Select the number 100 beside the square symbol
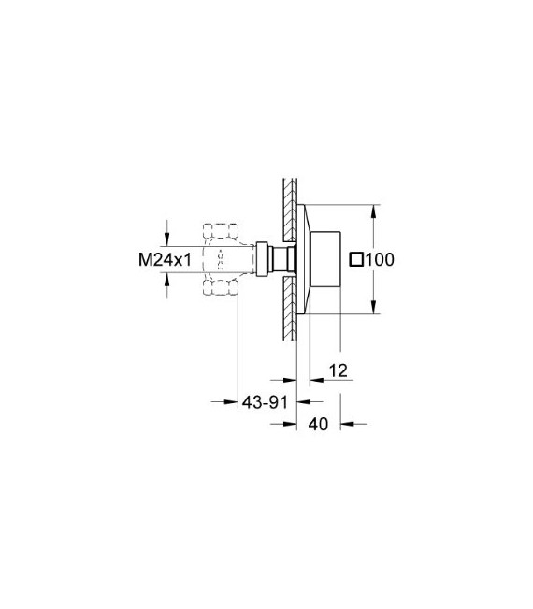pyautogui.click(x=380, y=260)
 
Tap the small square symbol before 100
pyautogui.click(x=355, y=260)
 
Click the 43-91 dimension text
pyautogui.click(x=266, y=401)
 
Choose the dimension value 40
pyautogui.click(x=318, y=424)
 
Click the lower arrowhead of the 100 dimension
pyautogui.click(x=374, y=313)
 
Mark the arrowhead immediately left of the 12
pyautogui.click(x=314, y=381)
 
